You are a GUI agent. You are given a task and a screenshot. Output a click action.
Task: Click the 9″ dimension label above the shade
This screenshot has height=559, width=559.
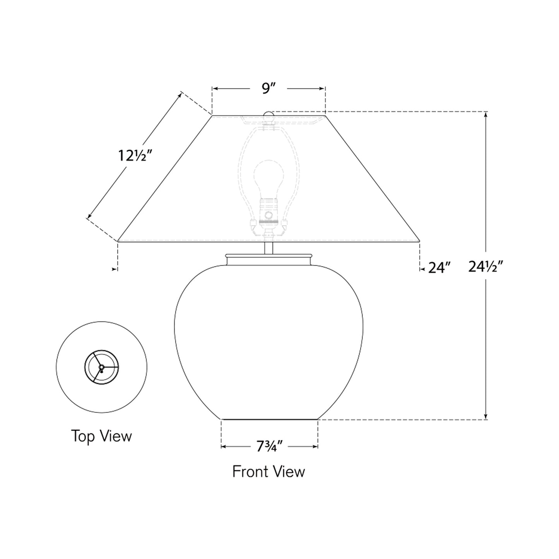(268, 89)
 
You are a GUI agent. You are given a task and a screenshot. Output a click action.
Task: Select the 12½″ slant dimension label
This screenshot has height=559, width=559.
(134, 156)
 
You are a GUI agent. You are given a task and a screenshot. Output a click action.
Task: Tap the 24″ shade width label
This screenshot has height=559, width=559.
(439, 268)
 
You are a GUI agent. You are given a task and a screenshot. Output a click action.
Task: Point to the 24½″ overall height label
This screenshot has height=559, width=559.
(485, 267)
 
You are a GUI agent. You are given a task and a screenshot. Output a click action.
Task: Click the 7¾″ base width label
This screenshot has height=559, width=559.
(270, 447)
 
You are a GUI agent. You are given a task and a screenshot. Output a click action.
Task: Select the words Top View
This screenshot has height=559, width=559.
(101, 436)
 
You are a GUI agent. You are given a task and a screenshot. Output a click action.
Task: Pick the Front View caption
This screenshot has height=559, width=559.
(268, 472)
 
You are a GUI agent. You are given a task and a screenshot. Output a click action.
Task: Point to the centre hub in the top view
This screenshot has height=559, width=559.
(101, 367)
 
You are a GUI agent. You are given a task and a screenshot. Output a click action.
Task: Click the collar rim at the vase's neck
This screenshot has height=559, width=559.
(268, 256)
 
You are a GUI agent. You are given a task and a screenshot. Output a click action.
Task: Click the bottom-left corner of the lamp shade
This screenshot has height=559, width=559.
(118, 241)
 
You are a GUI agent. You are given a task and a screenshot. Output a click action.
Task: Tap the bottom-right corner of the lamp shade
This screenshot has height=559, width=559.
(420, 241)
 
